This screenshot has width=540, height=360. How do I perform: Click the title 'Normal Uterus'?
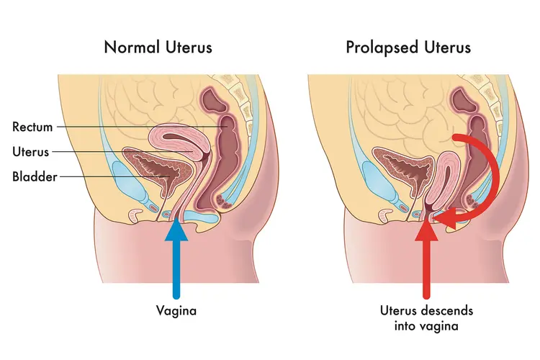pyautogui.click(x=159, y=48)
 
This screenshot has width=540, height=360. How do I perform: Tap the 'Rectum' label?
pyautogui.click(x=33, y=127)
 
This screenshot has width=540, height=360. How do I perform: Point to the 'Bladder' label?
pyautogui.click(x=34, y=176)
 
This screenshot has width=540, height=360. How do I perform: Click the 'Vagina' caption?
pyautogui.click(x=176, y=312)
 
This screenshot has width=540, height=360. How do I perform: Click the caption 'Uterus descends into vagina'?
pyautogui.click(x=428, y=319)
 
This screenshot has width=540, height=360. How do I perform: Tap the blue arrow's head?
pyautogui.click(x=176, y=232)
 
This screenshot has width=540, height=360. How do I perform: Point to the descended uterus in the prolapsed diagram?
pyautogui.click(x=437, y=183)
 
